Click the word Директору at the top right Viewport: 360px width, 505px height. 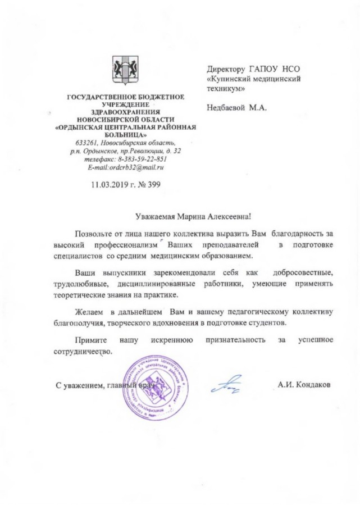tap(226, 69)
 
